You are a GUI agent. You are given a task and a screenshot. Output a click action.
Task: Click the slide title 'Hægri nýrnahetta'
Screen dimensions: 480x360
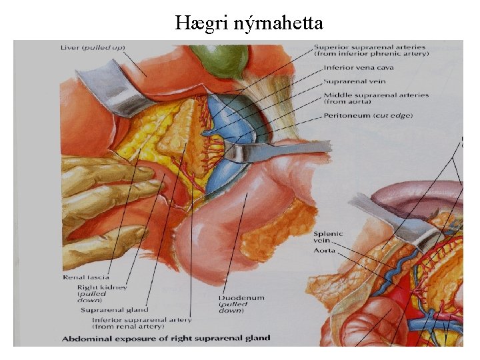[x=249, y=24]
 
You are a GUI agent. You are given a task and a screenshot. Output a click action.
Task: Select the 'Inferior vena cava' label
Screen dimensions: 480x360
[x=358, y=68]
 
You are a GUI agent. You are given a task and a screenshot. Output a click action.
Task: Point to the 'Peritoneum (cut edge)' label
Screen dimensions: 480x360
[x=368, y=116]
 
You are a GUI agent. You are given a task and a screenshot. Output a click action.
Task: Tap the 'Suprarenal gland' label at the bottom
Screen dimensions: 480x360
[x=114, y=310]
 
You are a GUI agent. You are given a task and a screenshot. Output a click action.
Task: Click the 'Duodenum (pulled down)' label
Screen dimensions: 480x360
[x=241, y=298]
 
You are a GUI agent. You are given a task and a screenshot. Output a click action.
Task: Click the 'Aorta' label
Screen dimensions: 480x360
[x=326, y=251]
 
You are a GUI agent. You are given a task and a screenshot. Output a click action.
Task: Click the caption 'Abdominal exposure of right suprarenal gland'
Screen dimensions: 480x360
[x=167, y=338]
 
